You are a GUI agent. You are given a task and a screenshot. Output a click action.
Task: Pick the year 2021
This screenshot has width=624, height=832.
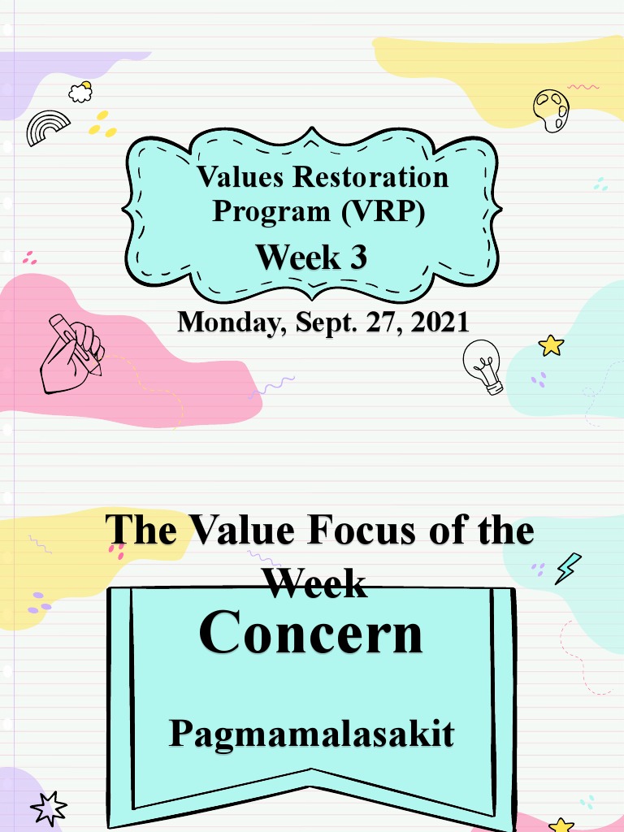coord(440,322)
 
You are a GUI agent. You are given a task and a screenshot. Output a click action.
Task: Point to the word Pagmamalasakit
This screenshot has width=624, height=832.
coord(311,734)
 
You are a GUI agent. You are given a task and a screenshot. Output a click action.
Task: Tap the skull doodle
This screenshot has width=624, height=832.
coord(552,110)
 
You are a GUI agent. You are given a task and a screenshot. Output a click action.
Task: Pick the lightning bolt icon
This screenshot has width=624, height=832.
coord(567,568)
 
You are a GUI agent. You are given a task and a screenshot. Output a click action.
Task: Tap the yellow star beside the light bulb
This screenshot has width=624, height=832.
coord(551,345)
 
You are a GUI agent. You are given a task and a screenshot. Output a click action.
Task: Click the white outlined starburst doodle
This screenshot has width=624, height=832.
coord(48,809)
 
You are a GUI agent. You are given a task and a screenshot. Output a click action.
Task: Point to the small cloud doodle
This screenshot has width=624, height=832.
coord(80,92)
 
